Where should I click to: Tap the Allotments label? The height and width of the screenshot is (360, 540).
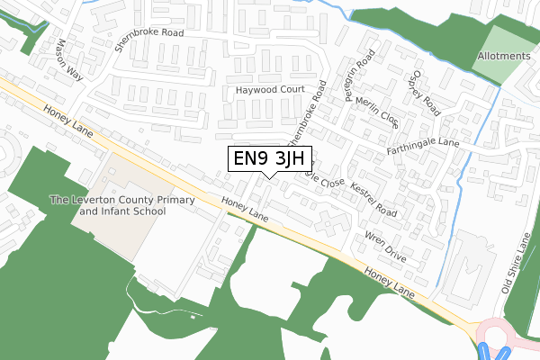pos(503,56)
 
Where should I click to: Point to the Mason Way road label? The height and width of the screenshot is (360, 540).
pos(68,59)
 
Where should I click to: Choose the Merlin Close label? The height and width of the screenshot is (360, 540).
pos(376,111)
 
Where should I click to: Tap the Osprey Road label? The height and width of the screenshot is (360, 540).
pos(424,93)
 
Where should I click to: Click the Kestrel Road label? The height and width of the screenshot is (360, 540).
pos(374,200)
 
